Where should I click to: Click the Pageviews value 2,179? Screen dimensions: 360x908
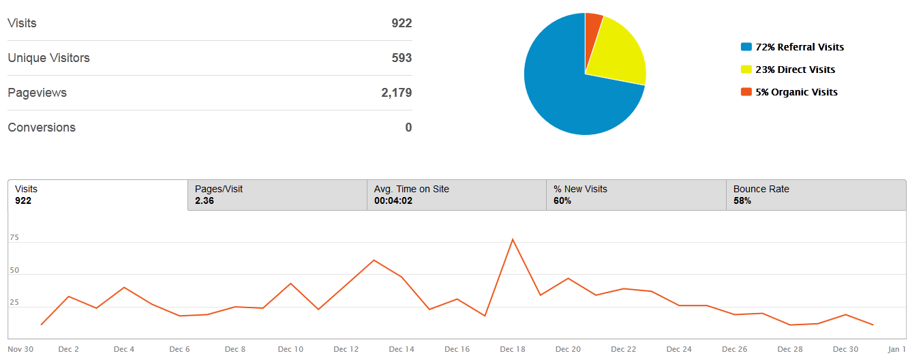coord(396,93)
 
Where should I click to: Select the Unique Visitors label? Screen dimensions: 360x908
coord(48,58)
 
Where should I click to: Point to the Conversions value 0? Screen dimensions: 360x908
coord(408,127)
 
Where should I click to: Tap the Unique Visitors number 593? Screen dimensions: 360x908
coord(402,58)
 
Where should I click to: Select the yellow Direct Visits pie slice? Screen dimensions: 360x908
coord(614,55)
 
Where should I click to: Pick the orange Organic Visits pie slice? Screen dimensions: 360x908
coord(593,24)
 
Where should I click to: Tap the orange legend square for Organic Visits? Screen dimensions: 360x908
coord(746,92)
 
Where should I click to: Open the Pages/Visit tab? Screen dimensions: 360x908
coord(277,195)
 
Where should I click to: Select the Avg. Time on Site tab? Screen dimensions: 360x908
coord(456,195)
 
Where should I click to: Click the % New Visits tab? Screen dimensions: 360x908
coord(636,195)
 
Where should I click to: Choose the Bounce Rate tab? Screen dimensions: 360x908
coord(815,195)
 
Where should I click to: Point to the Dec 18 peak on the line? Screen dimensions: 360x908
coord(513,239)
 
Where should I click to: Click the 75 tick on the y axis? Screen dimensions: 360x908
coord(14,238)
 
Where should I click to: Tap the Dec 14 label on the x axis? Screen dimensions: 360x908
coord(402,349)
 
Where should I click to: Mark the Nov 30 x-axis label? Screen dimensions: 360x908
coord(20,349)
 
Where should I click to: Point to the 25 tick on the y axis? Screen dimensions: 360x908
coord(14,303)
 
